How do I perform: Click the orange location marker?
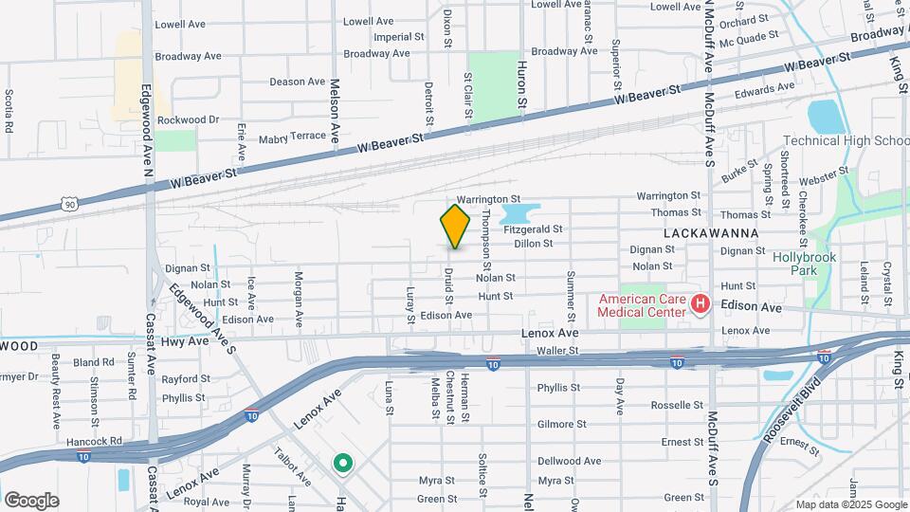coord(456,226)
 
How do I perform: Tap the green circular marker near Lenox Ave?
coord(342,464)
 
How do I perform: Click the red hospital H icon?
coord(701,303)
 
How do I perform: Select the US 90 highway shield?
coord(69,203)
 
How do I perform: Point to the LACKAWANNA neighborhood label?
coord(701,232)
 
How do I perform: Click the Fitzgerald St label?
coord(533,229)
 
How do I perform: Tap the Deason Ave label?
coord(298,82)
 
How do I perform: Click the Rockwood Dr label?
coord(188,119)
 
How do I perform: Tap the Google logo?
coord(31,501)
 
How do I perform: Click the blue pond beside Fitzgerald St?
coord(519,213)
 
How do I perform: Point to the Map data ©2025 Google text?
coord(850,504)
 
